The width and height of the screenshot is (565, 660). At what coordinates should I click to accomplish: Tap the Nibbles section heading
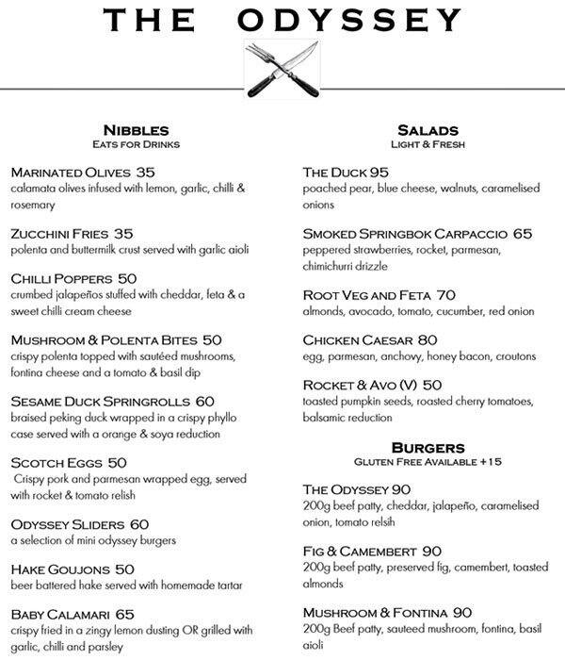click(136, 129)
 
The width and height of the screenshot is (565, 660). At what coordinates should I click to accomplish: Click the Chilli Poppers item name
click(61, 278)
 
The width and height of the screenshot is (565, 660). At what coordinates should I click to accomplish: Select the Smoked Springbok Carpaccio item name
click(406, 233)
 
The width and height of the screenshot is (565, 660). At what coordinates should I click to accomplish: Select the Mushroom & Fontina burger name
click(370, 611)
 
